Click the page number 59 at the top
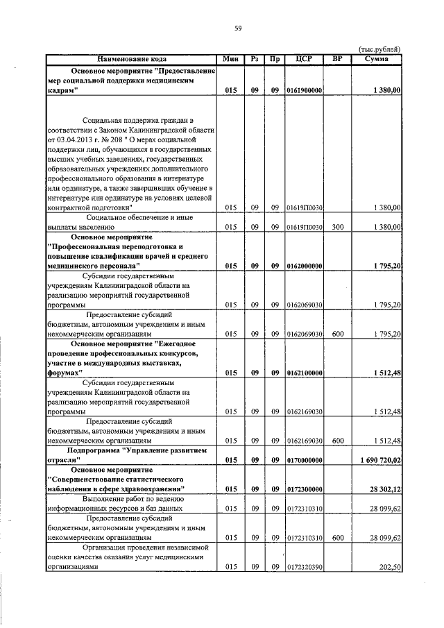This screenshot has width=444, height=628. (x=237, y=28)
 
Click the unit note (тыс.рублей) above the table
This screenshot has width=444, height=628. (x=379, y=49)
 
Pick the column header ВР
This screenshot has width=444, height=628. (x=337, y=59)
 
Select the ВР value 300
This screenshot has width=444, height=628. (x=337, y=227)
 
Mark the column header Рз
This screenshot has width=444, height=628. (x=255, y=59)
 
